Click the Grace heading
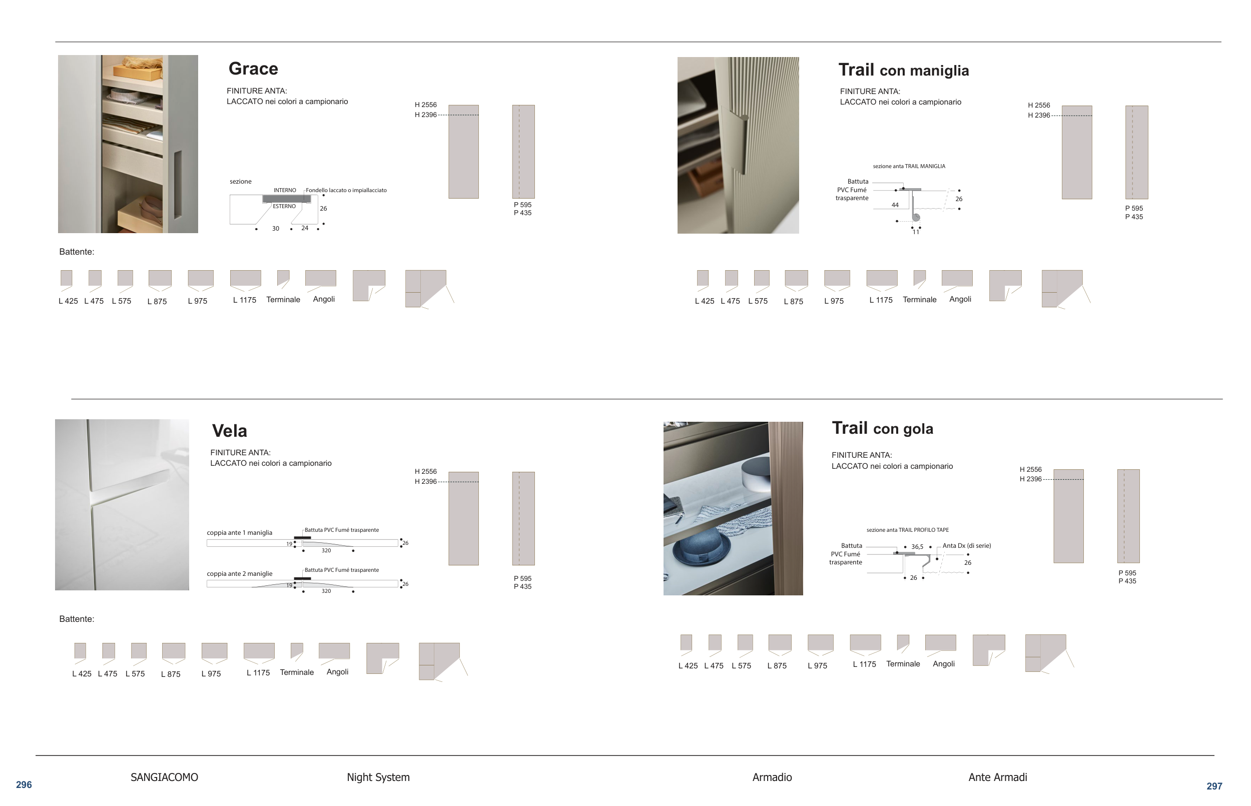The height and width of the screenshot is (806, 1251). click(x=253, y=69)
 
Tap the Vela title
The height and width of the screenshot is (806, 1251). click(x=229, y=431)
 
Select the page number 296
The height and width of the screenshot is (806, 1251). click(x=24, y=784)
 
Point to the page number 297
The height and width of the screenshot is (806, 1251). click(x=1214, y=786)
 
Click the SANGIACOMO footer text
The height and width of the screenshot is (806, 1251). click(x=164, y=777)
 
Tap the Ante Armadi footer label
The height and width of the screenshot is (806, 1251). click(x=998, y=777)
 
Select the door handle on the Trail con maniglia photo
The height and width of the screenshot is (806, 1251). click(x=736, y=139)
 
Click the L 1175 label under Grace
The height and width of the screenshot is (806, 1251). click(x=244, y=300)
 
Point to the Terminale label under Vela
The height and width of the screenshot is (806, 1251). click(x=297, y=672)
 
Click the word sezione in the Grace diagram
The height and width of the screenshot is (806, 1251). click(x=241, y=182)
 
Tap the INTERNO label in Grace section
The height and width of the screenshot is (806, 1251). click(x=285, y=190)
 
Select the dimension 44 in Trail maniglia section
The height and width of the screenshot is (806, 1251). click(x=895, y=205)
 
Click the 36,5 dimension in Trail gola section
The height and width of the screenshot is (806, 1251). click(x=917, y=547)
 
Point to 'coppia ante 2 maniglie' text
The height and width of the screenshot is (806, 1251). click(x=240, y=574)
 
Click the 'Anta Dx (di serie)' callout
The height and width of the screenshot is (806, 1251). click(x=967, y=546)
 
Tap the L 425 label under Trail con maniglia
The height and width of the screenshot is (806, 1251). click(x=705, y=301)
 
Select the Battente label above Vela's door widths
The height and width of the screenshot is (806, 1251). click(x=77, y=619)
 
